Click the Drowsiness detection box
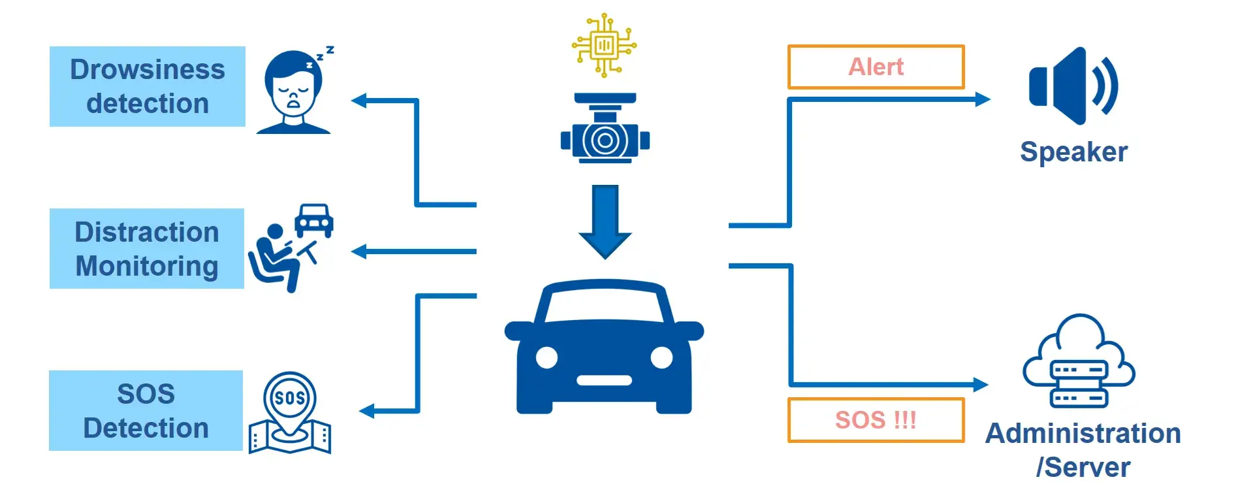(x=147, y=86)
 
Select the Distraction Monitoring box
(x=146, y=248)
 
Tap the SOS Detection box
(x=146, y=410)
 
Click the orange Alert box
(x=875, y=67)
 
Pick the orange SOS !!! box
(x=875, y=419)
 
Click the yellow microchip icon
(x=604, y=46)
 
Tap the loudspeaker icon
(x=1071, y=86)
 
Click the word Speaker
(x=1073, y=152)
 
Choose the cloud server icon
(x=1079, y=363)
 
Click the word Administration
(x=1083, y=433)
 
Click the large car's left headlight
(x=547, y=357)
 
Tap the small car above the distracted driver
(x=314, y=220)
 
